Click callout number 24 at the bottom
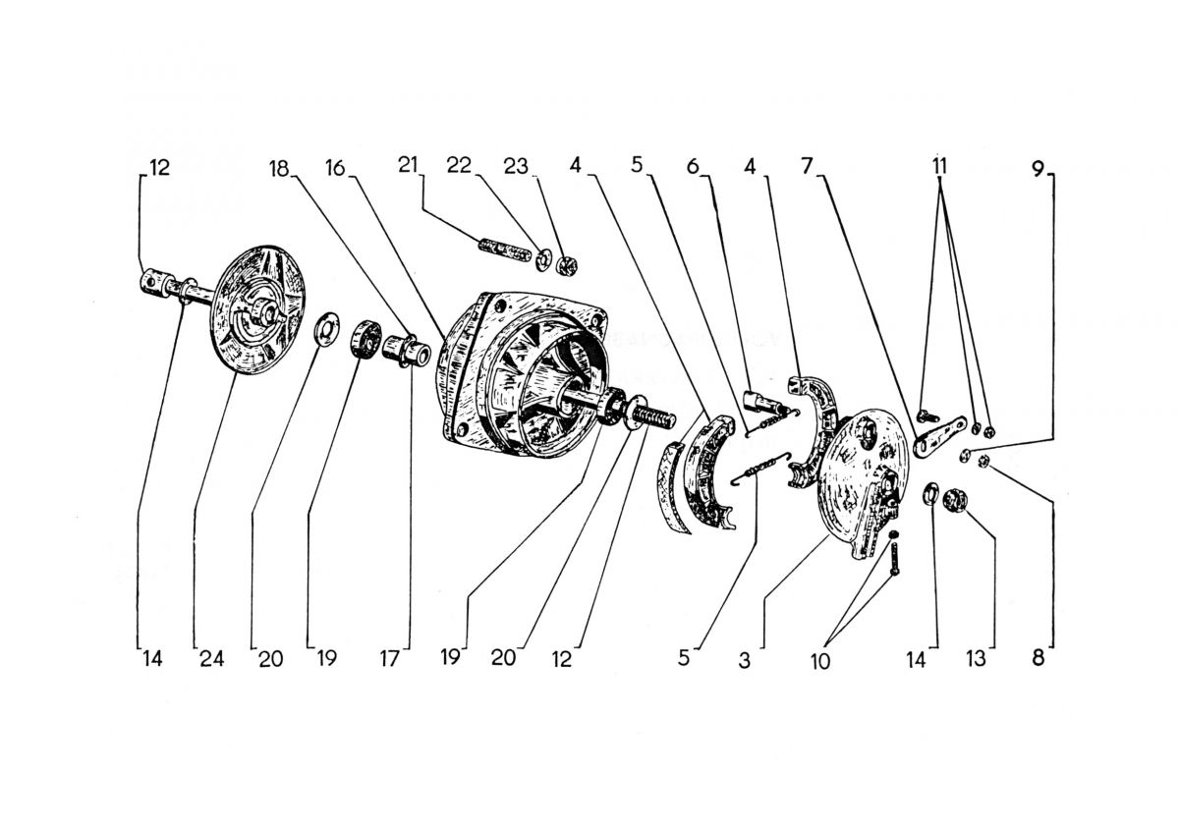pos(212,659)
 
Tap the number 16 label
pos(336,169)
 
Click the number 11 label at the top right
pos(940,167)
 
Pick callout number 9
pos(1038,168)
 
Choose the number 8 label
pos(1038,659)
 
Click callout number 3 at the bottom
pos(745,661)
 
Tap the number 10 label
pos(821,661)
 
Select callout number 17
pos(391,660)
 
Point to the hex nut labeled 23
pos(565,264)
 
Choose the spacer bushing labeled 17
pos(405,351)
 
